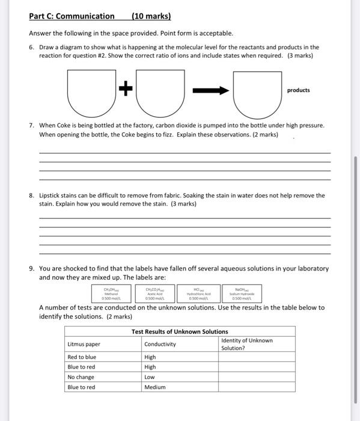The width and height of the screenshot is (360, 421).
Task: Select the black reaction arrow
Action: coord(210,90)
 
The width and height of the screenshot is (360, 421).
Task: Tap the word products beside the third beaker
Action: coord(299,90)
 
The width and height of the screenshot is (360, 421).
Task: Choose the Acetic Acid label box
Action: coord(154,293)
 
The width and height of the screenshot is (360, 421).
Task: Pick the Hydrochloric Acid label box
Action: coord(198,293)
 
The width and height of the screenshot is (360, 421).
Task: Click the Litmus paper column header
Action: coord(84,344)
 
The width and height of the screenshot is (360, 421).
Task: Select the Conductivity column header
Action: coord(160,344)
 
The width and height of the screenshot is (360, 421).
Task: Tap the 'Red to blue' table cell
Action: coord(82,357)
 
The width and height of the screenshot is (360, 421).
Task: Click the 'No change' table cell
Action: coord(81,377)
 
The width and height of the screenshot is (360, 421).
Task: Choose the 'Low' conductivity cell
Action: coord(150,377)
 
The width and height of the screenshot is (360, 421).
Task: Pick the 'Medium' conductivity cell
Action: coord(154,387)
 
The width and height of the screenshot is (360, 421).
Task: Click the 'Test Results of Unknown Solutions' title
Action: coord(180,331)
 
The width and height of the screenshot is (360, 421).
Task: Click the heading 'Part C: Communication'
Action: coord(72,16)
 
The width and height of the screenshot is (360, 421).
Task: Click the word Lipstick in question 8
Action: coord(50,195)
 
